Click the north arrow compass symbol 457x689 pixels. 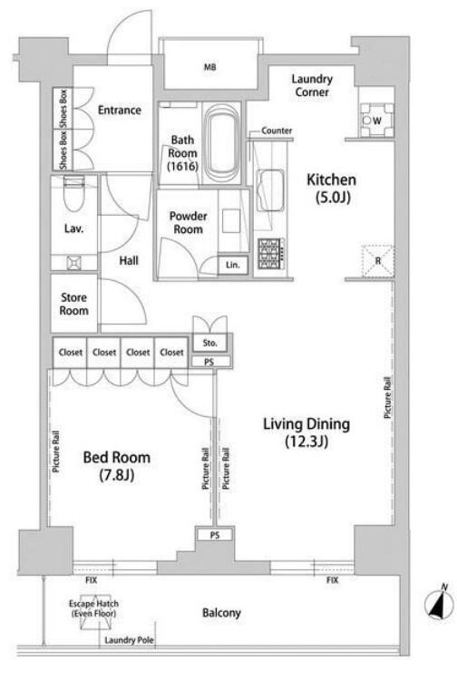[439, 603]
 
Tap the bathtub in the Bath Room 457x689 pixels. [221, 143]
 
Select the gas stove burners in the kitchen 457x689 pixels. [271, 253]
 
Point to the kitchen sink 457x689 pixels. [269, 191]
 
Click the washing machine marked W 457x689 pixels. [377, 121]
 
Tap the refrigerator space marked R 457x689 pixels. [377, 261]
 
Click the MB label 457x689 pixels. [210, 67]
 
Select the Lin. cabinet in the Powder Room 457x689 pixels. [232, 265]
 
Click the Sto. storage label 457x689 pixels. [209, 343]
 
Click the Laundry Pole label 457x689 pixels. [129, 640]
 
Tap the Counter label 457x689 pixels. [277, 131]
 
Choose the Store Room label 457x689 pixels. [73, 304]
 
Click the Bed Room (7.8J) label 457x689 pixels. [117, 466]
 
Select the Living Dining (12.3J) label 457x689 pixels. [306, 432]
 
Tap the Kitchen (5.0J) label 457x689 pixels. [331, 188]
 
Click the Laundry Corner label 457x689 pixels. [312, 85]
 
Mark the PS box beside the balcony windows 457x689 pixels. [214, 535]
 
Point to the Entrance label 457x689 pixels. [120, 110]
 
